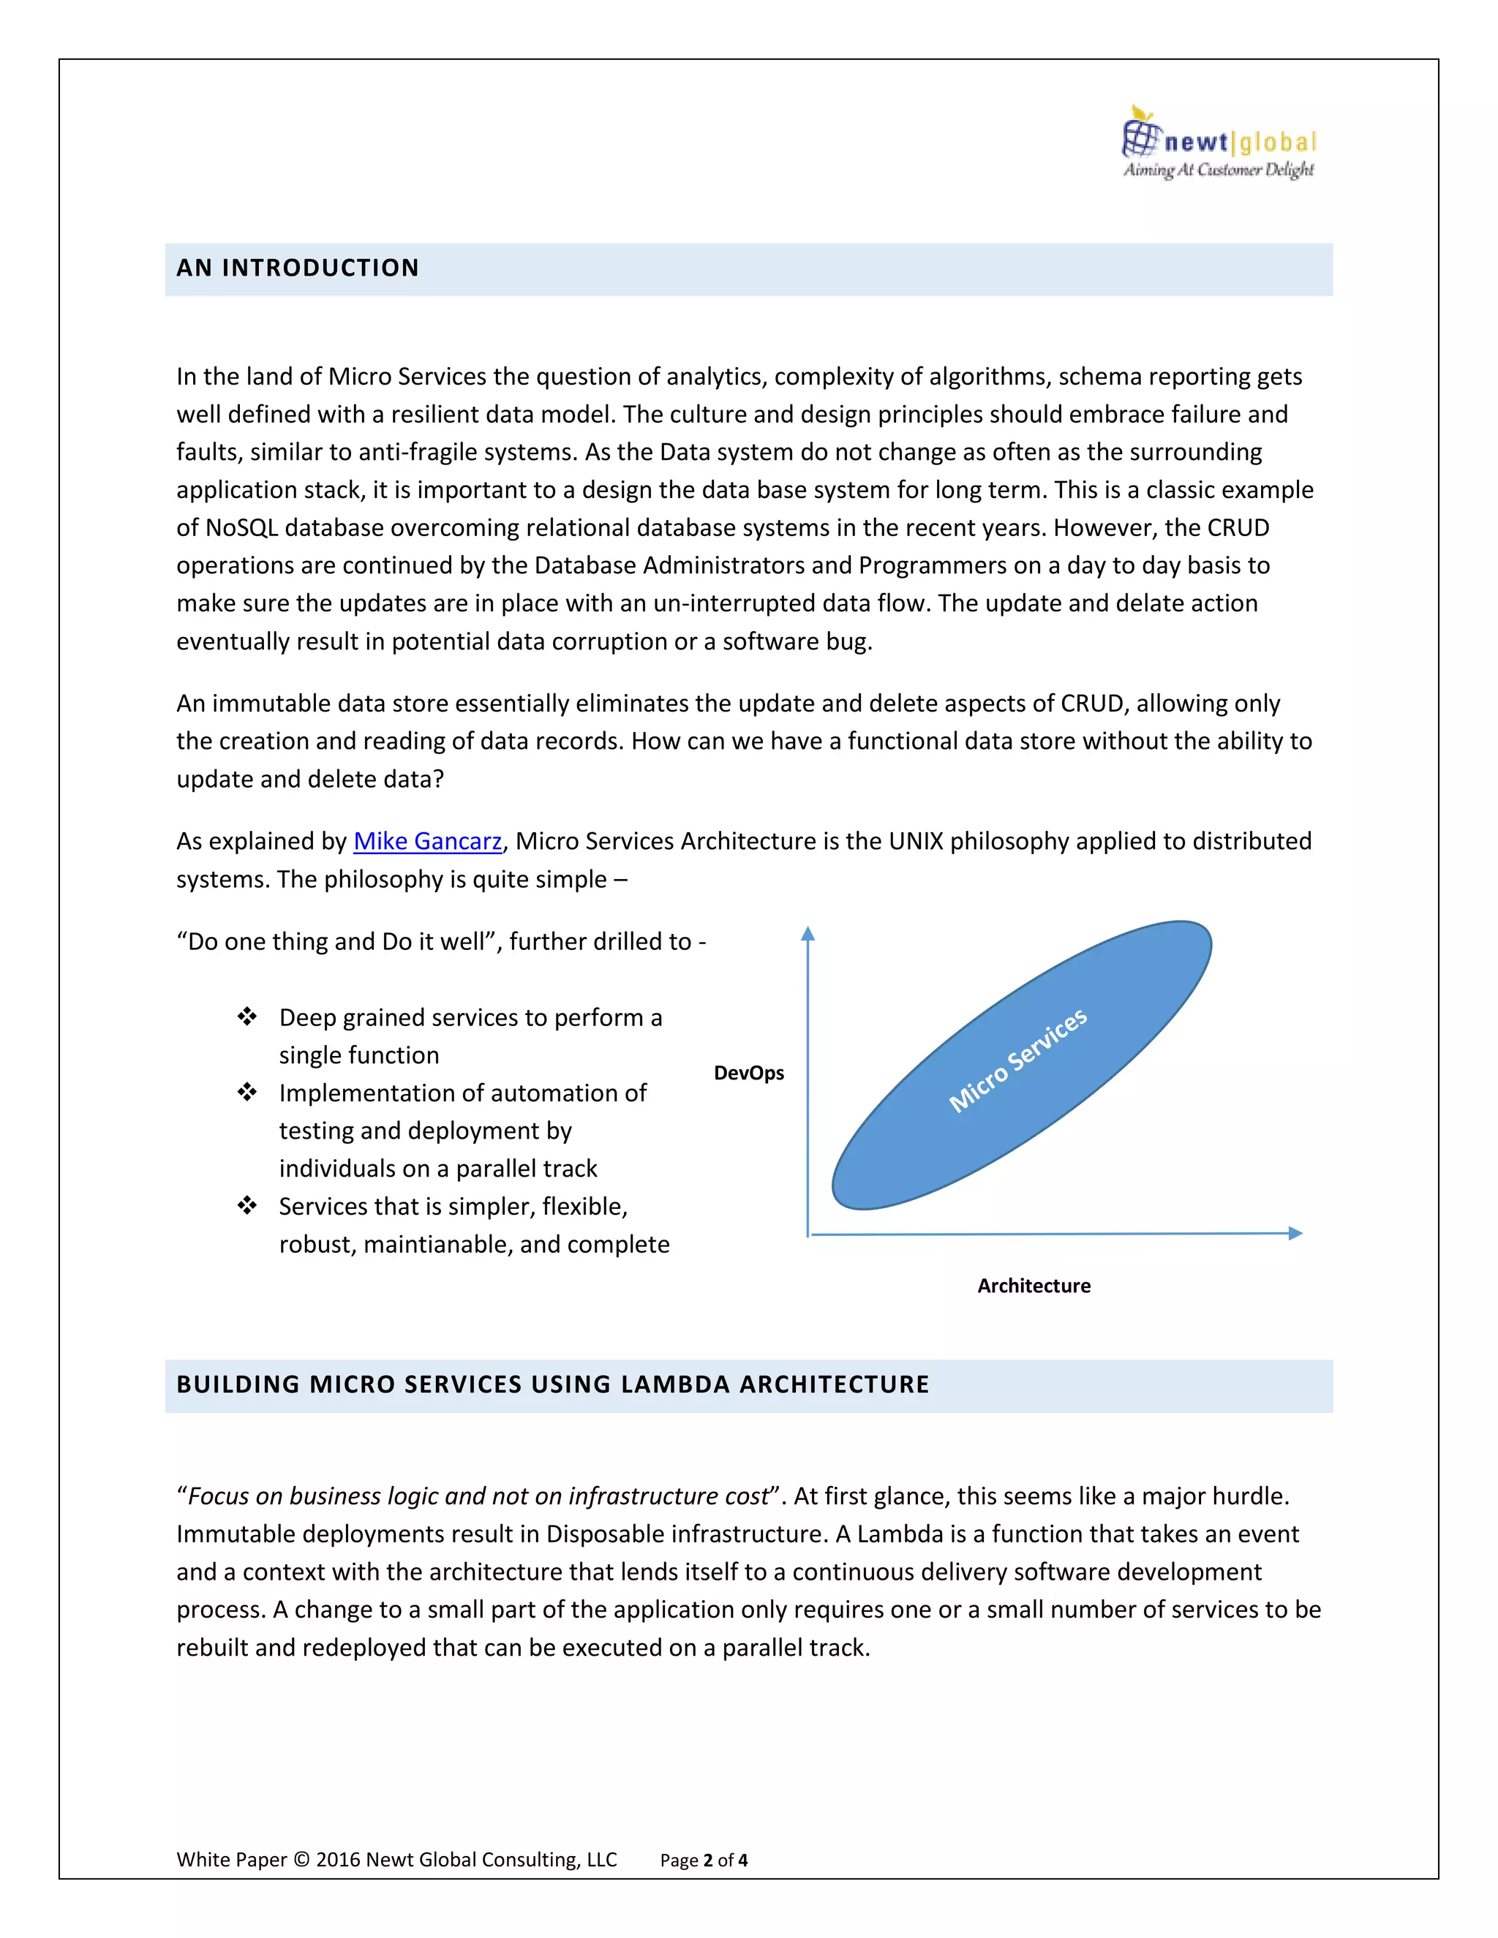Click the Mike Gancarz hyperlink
coord(427,840)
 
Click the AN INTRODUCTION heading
coord(297,268)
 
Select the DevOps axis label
coord(748,1073)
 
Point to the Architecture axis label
coord(1034,1286)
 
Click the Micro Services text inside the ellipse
coord(1018,1060)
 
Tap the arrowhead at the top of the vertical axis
coord(808,933)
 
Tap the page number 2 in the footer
coord(708,1860)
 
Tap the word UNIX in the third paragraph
coord(915,840)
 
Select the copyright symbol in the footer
coord(302,1859)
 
